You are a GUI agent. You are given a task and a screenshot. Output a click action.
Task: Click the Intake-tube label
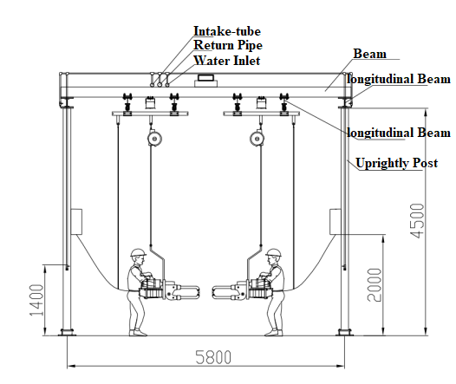click(x=227, y=31)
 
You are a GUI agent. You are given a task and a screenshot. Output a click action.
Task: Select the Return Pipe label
click(x=228, y=45)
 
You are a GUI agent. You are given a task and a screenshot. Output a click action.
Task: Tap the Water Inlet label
click(x=227, y=61)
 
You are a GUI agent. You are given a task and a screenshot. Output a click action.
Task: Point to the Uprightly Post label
click(x=397, y=163)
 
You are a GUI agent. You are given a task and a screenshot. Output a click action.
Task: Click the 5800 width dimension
click(x=213, y=357)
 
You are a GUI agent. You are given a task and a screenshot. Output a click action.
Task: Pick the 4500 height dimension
click(x=417, y=221)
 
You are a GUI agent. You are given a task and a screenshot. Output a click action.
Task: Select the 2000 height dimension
click(x=375, y=285)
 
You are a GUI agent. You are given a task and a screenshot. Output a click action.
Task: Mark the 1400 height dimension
click(x=36, y=300)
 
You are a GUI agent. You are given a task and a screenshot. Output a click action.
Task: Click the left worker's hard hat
click(x=138, y=252)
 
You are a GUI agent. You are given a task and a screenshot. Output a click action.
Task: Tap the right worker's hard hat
click(x=274, y=252)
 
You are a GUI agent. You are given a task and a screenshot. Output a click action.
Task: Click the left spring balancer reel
click(x=154, y=139)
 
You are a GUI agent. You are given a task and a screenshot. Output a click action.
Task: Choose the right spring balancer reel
click(x=257, y=139)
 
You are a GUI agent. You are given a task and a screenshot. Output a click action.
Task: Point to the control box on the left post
click(x=76, y=222)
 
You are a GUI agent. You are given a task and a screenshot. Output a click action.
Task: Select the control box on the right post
click(x=335, y=222)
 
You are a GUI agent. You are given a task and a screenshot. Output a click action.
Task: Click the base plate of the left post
click(x=67, y=332)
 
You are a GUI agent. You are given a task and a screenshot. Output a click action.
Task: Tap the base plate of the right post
click(x=345, y=332)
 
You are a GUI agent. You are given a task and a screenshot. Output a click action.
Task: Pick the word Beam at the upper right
click(x=370, y=54)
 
